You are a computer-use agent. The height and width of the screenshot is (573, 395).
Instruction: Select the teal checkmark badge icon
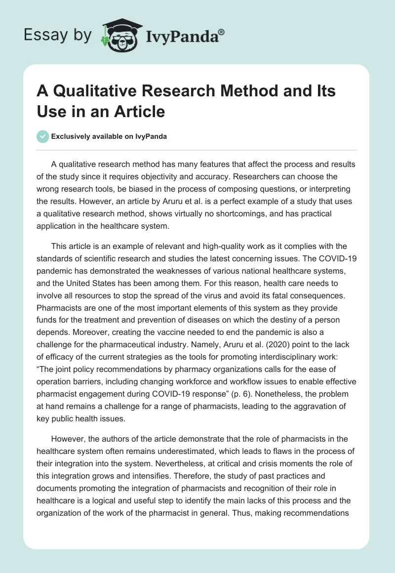click(x=43, y=136)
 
